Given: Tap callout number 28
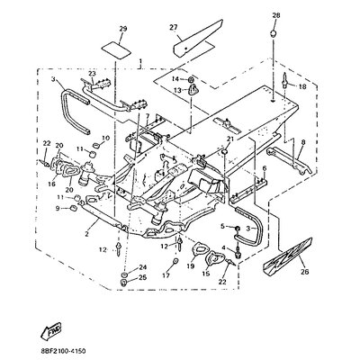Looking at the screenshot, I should point(276,16).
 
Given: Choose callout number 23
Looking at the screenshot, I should point(91,74).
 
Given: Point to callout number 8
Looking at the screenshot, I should point(303,143).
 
